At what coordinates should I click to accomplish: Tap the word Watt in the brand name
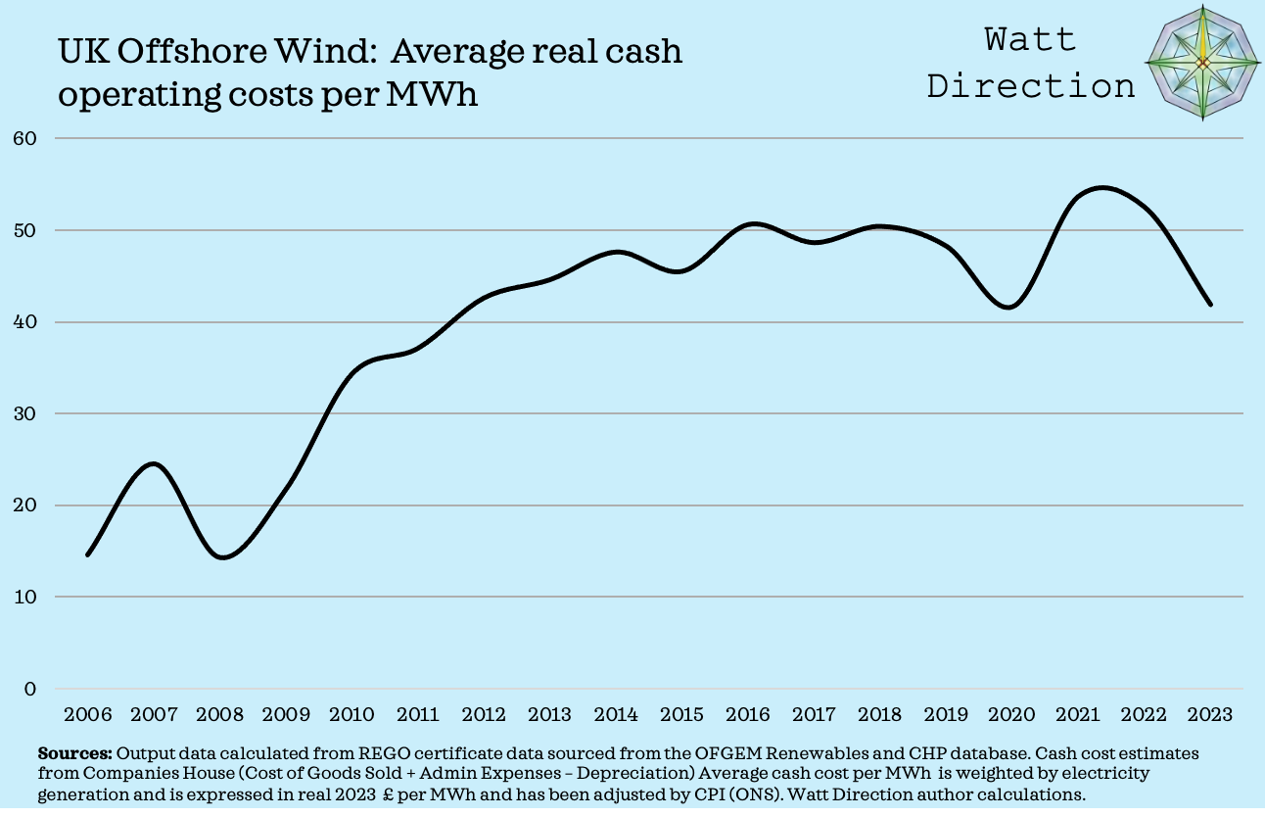pyautogui.click(x=1030, y=40)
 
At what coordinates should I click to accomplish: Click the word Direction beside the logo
pyautogui.click(x=1031, y=85)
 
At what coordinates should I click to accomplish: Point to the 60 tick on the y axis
pyautogui.click(x=24, y=138)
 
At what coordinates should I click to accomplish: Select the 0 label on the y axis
pyautogui.click(x=30, y=689)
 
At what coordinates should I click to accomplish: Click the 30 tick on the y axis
pyautogui.click(x=24, y=413)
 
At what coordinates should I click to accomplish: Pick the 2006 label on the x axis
pyautogui.click(x=88, y=714)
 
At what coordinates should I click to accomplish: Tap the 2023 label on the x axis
pyautogui.click(x=1209, y=714)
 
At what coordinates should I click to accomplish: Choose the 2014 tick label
pyautogui.click(x=616, y=714)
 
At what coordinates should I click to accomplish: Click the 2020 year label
pyautogui.click(x=1011, y=714)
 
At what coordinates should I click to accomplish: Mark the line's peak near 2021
pyautogui.click(x=1102, y=187)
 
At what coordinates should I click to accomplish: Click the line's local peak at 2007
pyautogui.click(x=155, y=463)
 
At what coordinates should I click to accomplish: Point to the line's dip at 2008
pyautogui.click(x=223, y=557)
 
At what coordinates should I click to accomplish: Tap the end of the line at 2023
pyautogui.click(x=1211, y=305)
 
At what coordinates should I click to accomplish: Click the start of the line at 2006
pyautogui.click(x=88, y=555)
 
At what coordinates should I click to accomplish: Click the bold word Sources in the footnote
pyautogui.click(x=74, y=754)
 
